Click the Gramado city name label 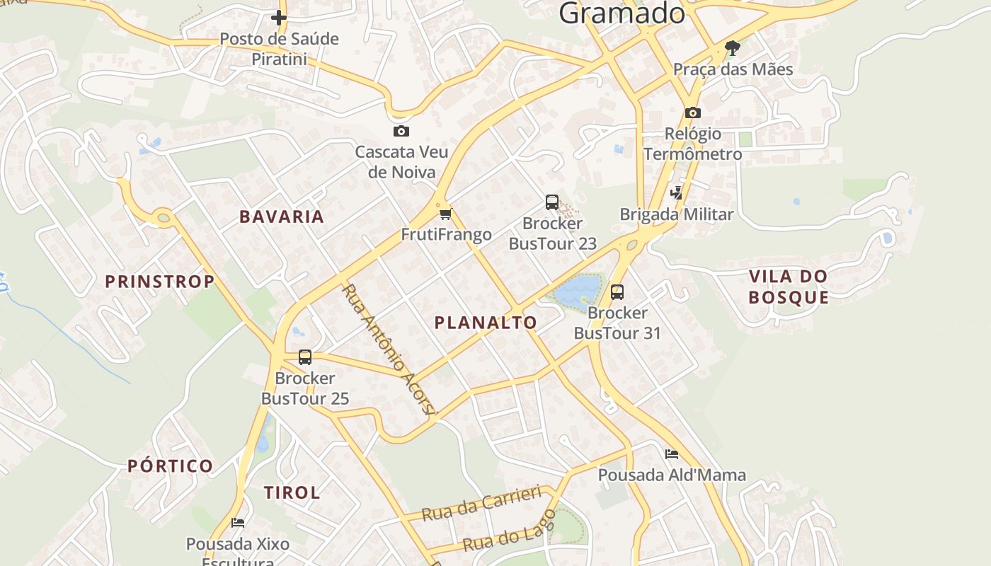tap(621, 13)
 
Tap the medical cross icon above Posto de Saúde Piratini tap(279, 17)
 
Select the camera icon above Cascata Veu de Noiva tap(401, 131)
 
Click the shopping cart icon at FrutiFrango tap(445, 214)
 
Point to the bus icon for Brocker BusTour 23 tap(552, 202)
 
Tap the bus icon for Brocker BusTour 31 tap(617, 291)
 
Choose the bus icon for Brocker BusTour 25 tap(305, 357)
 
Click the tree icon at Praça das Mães tap(733, 48)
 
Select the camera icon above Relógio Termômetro tap(692, 112)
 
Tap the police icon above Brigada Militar tap(677, 192)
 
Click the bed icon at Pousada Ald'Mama tap(671, 454)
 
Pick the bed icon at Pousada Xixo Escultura tap(238, 523)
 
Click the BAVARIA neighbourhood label tap(282, 216)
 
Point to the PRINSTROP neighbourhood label tap(160, 282)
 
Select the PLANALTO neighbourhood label tap(486, 323)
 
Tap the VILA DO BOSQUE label tap(789, 287)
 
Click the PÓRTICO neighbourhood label tap(170, 466)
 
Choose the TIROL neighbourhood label tap(292, 492)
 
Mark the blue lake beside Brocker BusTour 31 tap(578, 289)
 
